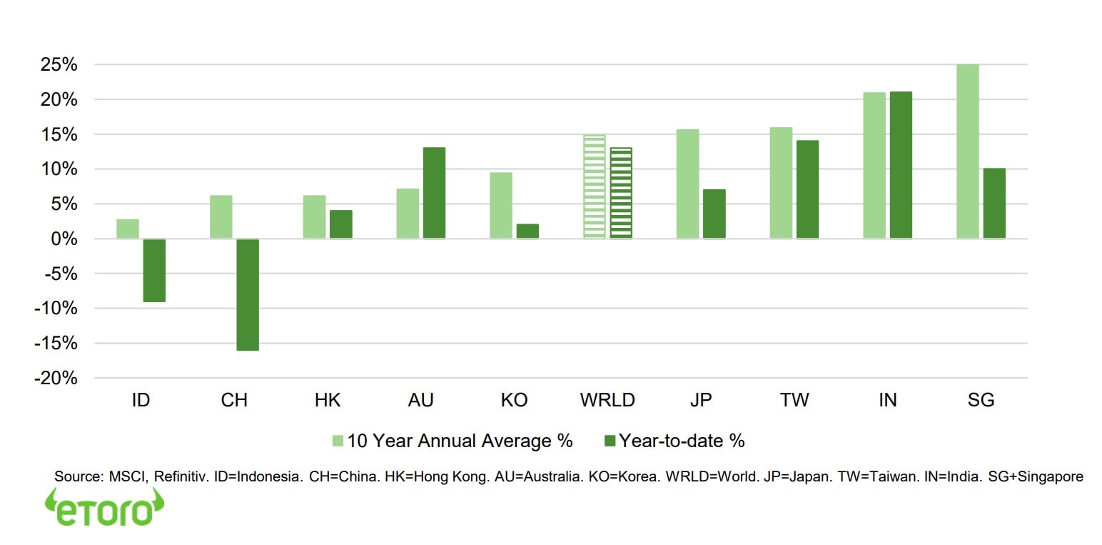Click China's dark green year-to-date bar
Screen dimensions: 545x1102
[248, 294]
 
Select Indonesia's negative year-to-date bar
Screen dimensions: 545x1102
[154, 270]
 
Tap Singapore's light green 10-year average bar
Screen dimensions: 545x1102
[967, 151]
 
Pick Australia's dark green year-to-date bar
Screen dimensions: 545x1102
[434, 193]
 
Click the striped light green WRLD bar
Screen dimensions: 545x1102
[594, 186]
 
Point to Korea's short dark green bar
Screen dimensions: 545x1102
[527, 231]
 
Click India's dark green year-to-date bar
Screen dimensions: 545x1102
[901, 165]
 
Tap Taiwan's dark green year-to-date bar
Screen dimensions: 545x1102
[807, 189]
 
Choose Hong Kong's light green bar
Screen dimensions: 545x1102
[314, 216]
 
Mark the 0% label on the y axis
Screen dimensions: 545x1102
[62, 239]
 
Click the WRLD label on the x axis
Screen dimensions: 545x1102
[607, 400]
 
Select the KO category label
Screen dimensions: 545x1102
[514, 400]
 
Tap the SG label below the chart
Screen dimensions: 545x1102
[981, 400]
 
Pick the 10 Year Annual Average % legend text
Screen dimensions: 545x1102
[460, 441]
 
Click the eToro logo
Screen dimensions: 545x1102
[104, 508]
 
